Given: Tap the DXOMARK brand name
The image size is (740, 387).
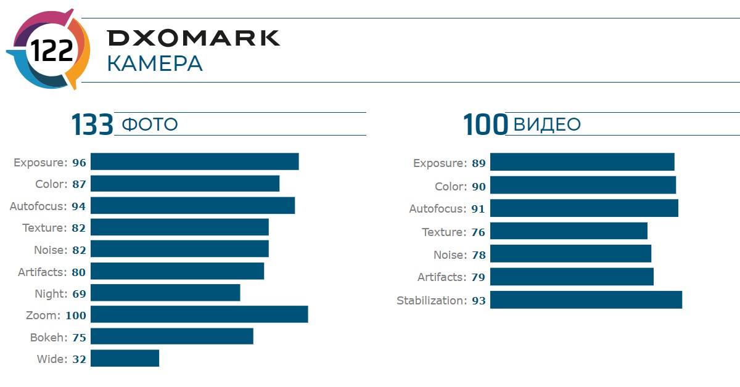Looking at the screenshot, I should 194,38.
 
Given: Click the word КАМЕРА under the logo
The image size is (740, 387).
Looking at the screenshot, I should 154,64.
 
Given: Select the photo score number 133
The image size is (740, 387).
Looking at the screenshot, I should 92,124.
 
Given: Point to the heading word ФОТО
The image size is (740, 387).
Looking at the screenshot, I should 150,124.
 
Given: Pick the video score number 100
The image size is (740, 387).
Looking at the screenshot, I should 485,124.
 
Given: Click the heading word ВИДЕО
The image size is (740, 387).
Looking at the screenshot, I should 547,124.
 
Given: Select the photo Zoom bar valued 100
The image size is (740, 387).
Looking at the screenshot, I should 199,314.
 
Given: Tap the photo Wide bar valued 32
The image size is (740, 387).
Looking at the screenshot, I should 125,358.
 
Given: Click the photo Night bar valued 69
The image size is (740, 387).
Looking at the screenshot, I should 165,293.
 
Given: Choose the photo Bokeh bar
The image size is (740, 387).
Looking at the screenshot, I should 172,336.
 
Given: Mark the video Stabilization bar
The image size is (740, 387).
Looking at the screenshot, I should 586,300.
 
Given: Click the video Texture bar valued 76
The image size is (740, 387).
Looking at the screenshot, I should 569,231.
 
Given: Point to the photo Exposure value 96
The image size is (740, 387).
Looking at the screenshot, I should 79,163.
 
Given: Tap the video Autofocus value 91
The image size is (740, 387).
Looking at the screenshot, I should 478,209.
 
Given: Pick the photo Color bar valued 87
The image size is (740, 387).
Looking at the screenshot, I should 185,184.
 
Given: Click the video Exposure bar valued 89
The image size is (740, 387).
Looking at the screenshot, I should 582,163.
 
